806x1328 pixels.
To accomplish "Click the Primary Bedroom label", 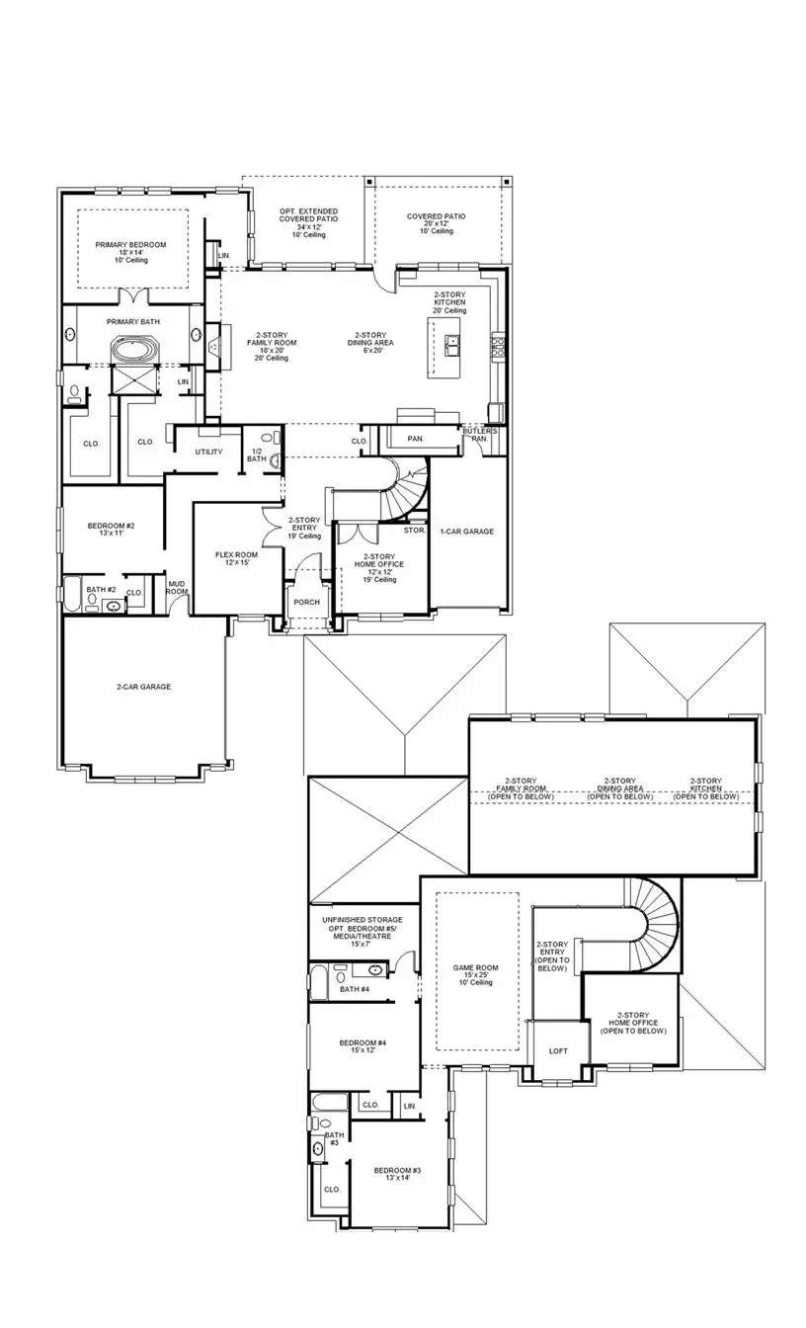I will (130, 245).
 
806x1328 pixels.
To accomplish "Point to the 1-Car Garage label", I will (467, 532).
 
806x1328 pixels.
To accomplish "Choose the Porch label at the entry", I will (304, 602).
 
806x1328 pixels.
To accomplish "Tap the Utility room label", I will (208, 452).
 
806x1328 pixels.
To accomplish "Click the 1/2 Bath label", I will (256, 454).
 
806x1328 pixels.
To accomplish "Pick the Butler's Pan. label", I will (482, 435).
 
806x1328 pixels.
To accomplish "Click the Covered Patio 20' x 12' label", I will (436, 216).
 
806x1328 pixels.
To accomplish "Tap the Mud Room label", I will (177, 587).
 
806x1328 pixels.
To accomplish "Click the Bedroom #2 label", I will (111, 526).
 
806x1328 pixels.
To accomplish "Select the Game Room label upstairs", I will (475, 968).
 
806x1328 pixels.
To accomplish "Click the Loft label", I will (558, 1050).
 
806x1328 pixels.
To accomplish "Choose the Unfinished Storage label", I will (362, 919).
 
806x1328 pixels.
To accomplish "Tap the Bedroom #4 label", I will (363, 1042).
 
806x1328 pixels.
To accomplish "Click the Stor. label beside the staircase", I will (415, 530).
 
